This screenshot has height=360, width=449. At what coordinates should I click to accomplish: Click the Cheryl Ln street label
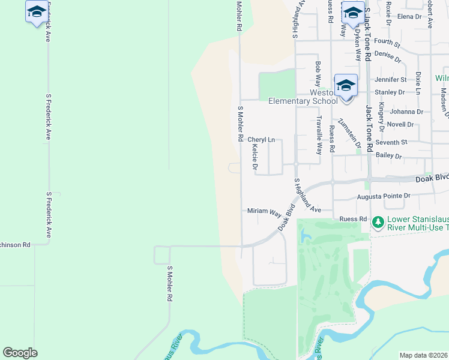pos(261,140)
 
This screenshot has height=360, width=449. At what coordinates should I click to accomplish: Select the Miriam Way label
pos(264,212)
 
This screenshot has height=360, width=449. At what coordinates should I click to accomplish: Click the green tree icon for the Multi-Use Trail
pos(378,223)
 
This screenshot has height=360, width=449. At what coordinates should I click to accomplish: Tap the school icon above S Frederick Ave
pos(37,12)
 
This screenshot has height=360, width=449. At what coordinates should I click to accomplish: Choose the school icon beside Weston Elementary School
pos(346,85)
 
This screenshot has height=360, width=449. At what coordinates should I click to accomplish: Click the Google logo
pos(20,353)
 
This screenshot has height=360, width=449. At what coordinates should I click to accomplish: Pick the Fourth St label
pos(387,43)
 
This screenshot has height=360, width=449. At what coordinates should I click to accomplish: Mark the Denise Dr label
pos(387,56)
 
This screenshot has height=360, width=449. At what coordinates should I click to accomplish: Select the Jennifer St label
pos(391,79)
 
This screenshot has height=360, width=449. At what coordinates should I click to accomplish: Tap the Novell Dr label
pos(400,125)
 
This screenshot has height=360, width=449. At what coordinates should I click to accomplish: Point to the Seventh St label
pos(391,143)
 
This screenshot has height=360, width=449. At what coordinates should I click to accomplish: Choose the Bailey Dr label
pos(388,156)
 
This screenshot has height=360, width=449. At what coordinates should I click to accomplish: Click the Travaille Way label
pos(319,135)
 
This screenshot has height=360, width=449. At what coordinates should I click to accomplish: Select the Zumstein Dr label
pos(349,133)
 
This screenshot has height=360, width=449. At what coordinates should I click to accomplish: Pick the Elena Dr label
pos(410,17)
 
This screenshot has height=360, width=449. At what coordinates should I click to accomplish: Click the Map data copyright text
pos(423,355)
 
